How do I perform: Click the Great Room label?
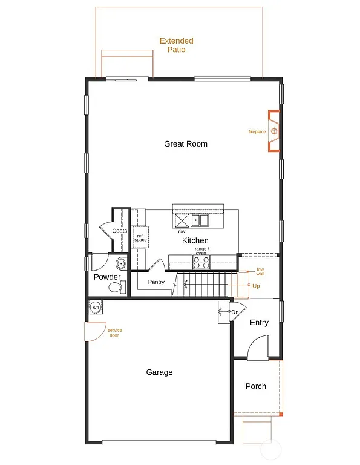tap(186, 144)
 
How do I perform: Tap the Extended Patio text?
tap(176, 45)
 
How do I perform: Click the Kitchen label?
tap(195, 241)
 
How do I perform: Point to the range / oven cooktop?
tap(201, 262)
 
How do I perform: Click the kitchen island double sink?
tap(200, 220)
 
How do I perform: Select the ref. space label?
tap(140, 238)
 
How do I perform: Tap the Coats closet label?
tap(120, 231)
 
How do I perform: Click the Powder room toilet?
tap(116, 288)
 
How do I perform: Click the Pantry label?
tap(156, 282)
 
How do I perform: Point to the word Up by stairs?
tap(257, 286)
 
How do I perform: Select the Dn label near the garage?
tap(235, 312)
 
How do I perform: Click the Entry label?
tap(259, 323)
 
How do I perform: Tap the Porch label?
tap(255, 386)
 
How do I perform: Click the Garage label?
tap(159, 372)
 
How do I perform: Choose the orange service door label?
tap(114, 332)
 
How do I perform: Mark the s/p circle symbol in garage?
tap(96, 308)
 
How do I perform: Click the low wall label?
tap(260, 271)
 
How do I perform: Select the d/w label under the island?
tap(181, 231)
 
